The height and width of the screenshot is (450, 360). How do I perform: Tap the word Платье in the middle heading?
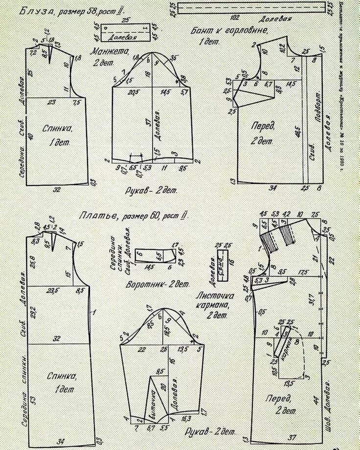coord(95,216)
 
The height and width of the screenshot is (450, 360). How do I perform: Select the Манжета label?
coord(110,51)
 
